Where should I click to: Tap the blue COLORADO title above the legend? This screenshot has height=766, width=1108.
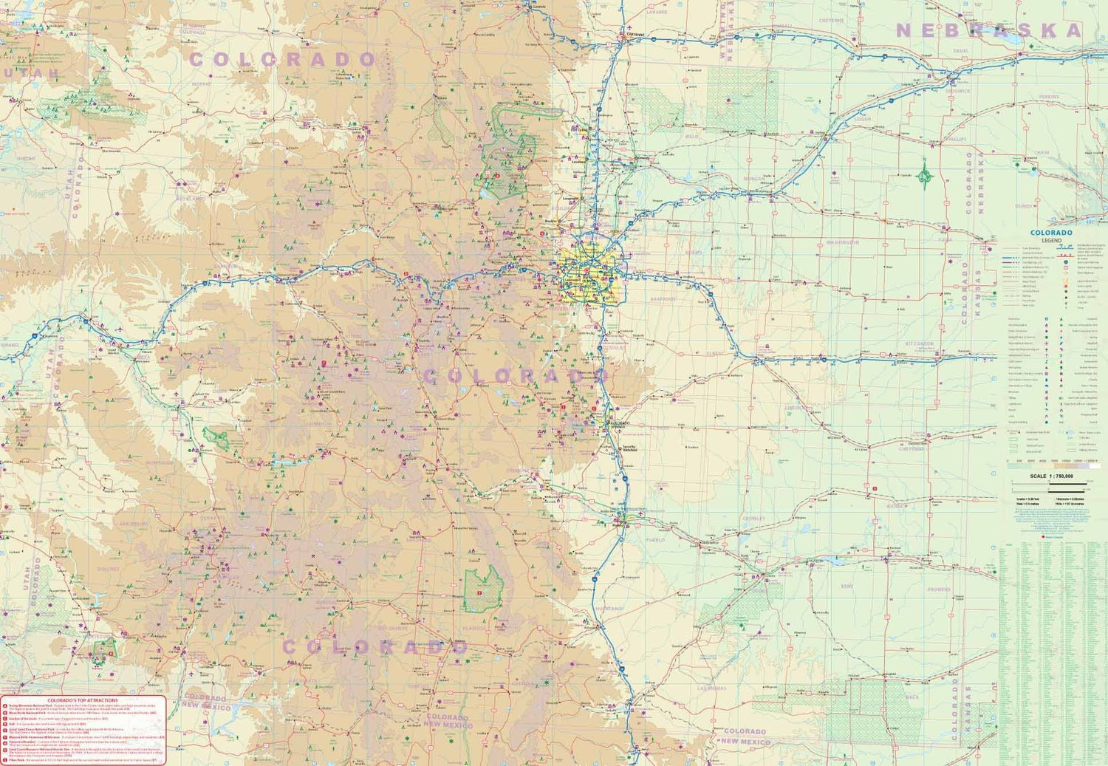[x=1051, y=233]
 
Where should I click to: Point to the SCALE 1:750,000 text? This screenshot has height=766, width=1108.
[x=1051, y=476]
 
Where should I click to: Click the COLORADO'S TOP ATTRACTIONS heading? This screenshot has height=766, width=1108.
[x=83, y=700]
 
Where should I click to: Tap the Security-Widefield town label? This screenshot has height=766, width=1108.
[x=629, y=448]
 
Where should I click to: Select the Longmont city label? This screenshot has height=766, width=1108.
[x=570, y=198]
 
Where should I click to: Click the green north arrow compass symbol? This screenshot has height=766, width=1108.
[x=924, y=175]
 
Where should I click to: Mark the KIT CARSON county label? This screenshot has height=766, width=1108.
[x=919, y=344]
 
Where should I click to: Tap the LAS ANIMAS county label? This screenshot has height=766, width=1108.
[x=711, y=688]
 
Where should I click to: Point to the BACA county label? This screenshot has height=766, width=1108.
[x=913, y=697]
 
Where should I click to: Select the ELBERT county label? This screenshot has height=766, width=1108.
[x=714, y=354]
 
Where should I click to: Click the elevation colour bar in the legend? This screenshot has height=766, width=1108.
[x=1053, y=466]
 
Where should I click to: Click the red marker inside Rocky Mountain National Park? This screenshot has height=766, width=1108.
[x=497, y=176]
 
